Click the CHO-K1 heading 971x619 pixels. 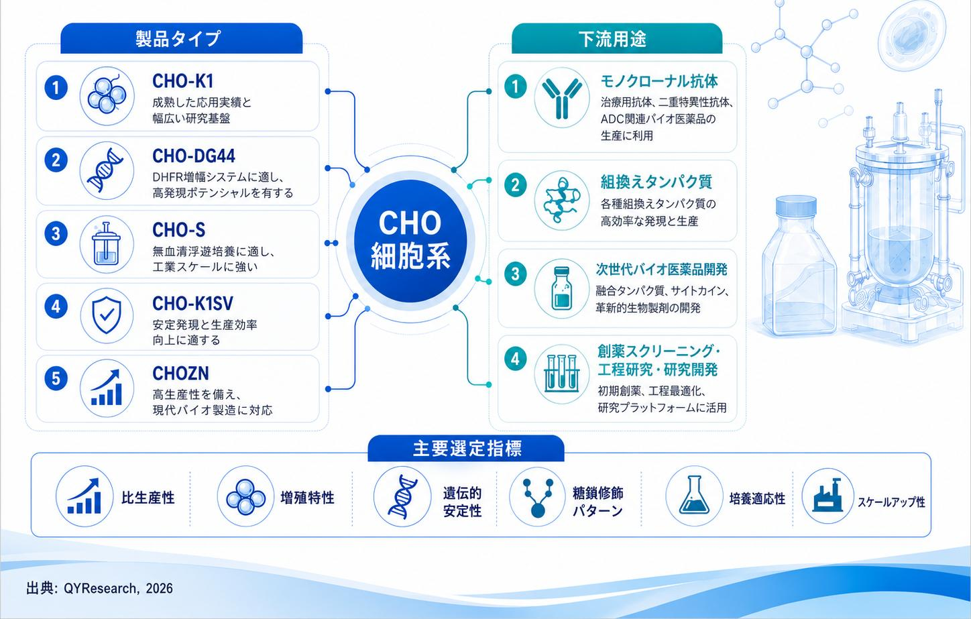pyautogui.click(x=182, y=81)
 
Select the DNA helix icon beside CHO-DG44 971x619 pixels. pyautogui.click(x=107, y=170)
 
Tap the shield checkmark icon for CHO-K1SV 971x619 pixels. pyautogui.click(x=107, y=316)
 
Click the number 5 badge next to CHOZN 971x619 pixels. pyautogui.click(x=56, y=378)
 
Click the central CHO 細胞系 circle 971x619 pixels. pyautogui.click(x=410, y=241)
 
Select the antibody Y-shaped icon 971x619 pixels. pyautogui.click(x=562, y=98)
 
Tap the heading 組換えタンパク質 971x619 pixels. pyautogui.click(x=656, y=182)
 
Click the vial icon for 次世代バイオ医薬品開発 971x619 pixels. pyautogui.click(x=562, y=288)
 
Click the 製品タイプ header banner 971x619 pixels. pyautogui.click(x=181, y=39)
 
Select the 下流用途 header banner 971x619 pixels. pyautogui.click(x=617, y=39)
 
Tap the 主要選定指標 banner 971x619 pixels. pyautogui.click(x=466, y=448)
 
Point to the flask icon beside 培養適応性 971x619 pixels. pyautogui.click(x=695, y=496)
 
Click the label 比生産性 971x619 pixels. pyautogui.click(x=148, y=498)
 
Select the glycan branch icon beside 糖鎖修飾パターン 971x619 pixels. pyautogui.click(x=538, y=497)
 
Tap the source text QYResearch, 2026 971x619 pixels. pyautogui.click(x=118, y=588)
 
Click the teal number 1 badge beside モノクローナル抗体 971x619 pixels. pyautogui.click(x=516, y=87)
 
